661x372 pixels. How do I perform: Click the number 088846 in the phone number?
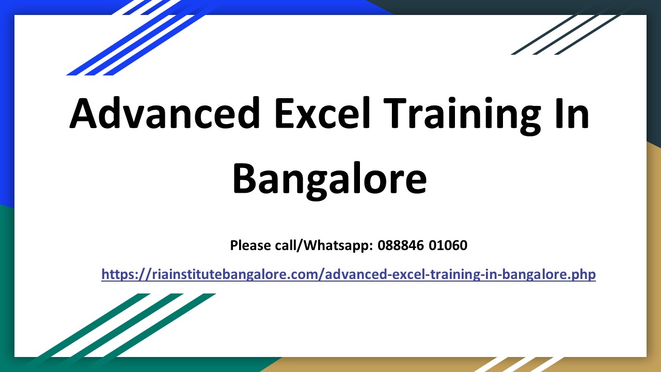tap(401, 245)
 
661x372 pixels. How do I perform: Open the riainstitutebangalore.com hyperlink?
tap(349, 274)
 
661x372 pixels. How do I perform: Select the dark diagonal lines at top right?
tap(568, 34)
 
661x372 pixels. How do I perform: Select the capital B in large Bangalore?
tap(246, 178)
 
